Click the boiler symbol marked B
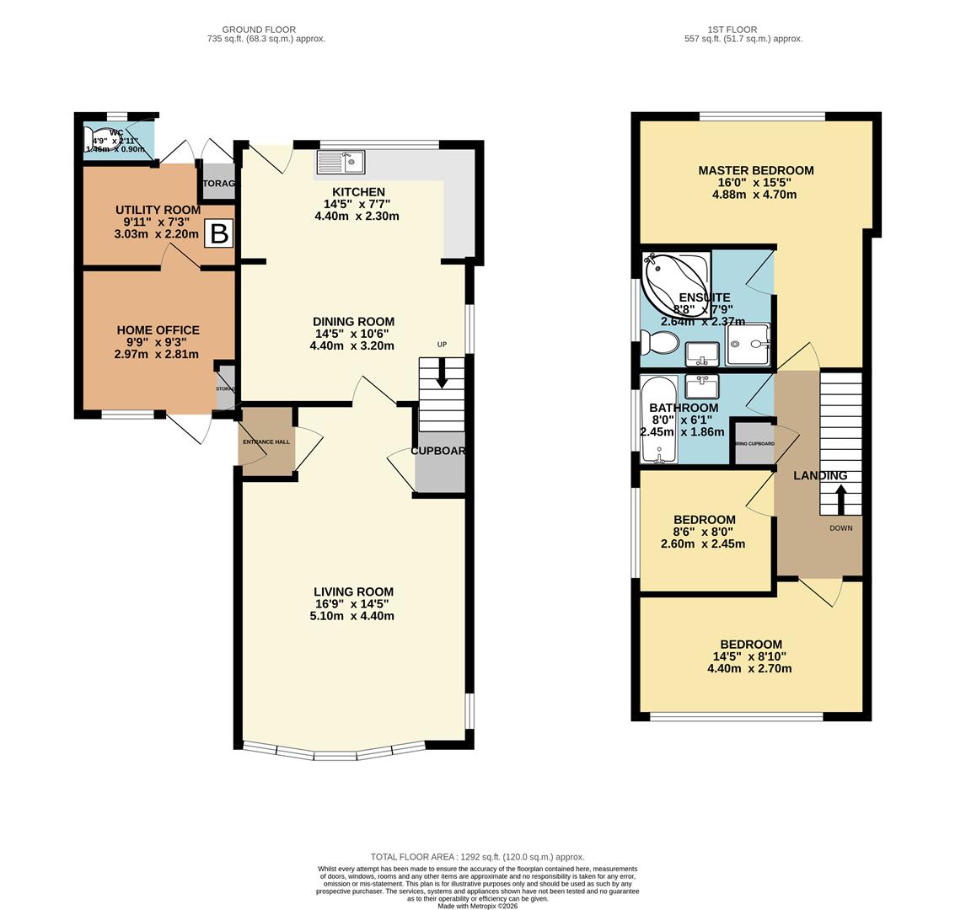219,233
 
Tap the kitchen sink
341,161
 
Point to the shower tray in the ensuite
748,345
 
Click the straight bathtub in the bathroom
657,420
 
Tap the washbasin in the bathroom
701,387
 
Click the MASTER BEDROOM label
755,170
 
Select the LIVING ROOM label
353,591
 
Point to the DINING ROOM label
353,321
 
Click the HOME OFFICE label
158,330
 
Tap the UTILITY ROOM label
158,210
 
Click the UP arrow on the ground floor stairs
442,376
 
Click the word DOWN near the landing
840,528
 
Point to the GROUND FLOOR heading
259,29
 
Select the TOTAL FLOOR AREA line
477,857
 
